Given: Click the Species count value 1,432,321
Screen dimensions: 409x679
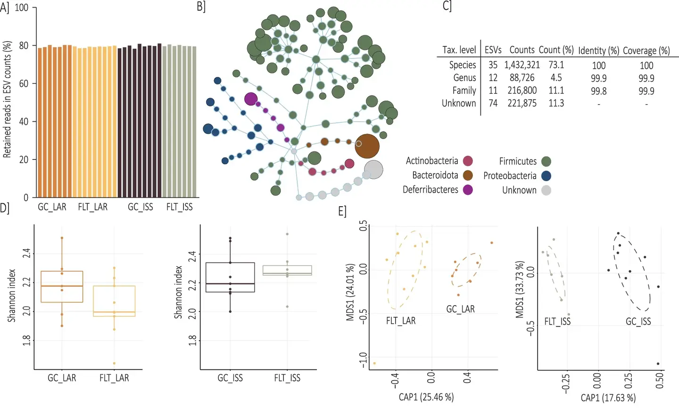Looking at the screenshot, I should click(x=522, y=65).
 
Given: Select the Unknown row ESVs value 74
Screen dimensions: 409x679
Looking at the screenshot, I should click(x=493, y=103).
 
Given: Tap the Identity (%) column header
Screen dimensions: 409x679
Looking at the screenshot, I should click(x=598, y=50).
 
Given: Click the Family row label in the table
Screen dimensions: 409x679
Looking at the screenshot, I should click(x=464, y=91).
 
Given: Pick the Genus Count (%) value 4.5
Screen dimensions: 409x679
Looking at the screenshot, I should click(x=556, y=78).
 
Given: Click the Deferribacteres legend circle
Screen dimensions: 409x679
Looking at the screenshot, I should click(x=468, y=190).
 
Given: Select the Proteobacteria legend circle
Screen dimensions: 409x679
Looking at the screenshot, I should click(x=546, y=176).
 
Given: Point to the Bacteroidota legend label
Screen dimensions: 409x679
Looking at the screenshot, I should click(x=435, y=175).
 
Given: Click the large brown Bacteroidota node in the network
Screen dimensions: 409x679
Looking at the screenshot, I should click(x=367, y=146).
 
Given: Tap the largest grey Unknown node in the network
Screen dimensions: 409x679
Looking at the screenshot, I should click(x=373, y=170).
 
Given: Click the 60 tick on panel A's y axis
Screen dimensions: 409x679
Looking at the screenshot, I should click(x=23, y=83).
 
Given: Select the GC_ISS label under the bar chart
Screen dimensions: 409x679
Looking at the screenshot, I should click(x=141, y=207).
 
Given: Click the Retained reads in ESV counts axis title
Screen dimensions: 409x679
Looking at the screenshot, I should click(x=7, y=100).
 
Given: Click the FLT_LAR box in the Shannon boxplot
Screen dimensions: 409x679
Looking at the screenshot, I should click(x=115, y=301).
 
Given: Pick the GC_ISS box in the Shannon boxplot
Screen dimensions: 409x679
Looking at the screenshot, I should click(x=230, y=277).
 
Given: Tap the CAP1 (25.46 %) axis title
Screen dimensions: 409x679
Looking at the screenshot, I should click(x=426, y=397).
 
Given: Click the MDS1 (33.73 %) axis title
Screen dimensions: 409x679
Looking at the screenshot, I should click(x=520, y=289).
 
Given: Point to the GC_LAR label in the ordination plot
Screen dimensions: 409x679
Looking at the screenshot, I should click(x=460, y=309).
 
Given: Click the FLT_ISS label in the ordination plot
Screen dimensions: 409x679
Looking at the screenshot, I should click(x=557, y=322).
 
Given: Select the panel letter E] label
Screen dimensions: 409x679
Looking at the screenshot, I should click(x=342, y=211).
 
